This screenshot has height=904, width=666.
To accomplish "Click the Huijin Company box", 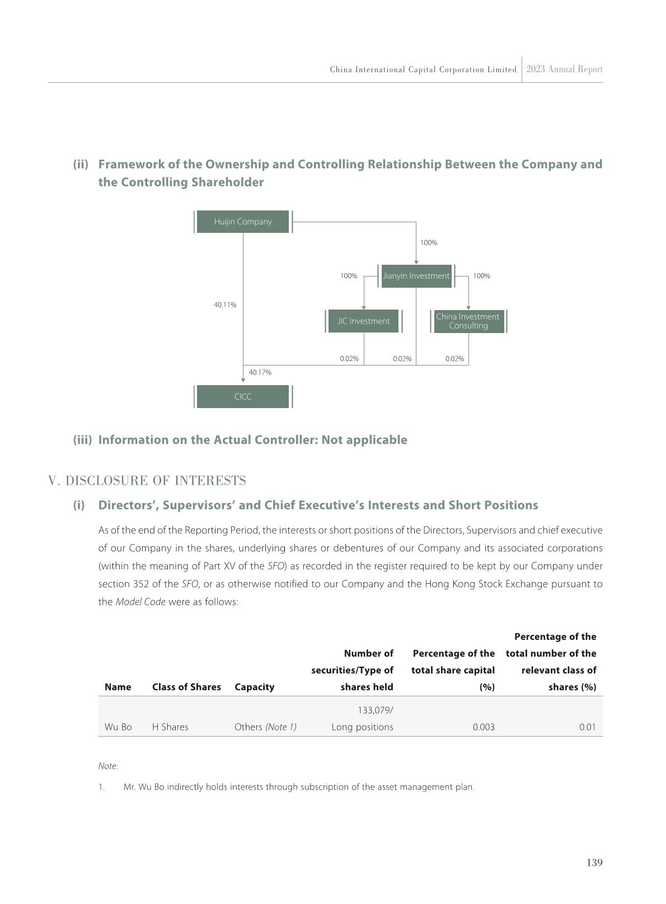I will (x=243, y=222).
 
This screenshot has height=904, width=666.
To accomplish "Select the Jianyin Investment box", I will (x=416, y=276).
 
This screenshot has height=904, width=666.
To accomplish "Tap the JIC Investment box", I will (x=363, y=321).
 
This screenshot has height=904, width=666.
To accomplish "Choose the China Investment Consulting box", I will (x=468, y=321).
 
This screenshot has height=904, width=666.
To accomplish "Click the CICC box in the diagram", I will (x=243, y=396).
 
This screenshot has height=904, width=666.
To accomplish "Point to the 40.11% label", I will (x=225, y=305).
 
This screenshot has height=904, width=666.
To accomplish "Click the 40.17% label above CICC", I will (x=260, y=372).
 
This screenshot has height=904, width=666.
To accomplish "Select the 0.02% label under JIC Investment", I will (x=349, y=359).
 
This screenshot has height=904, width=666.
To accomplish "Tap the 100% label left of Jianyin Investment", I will (x=349, y=276).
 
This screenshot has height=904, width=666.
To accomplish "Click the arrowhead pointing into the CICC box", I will (x=243, y=381).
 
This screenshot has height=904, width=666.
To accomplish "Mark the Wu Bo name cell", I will (x=118, y=727).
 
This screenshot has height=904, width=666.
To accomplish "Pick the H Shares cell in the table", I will (x=170, y=727).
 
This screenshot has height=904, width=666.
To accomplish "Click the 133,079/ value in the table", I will (x=376, y=710).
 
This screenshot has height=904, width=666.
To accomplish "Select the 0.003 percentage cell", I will (x=484, y=727).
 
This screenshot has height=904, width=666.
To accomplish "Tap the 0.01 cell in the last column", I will (x=587, y=727).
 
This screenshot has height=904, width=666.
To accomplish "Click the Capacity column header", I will (x=255, y=687).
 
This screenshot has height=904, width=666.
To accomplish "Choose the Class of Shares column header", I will (x=186, y=687).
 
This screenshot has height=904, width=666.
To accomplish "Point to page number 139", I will (x=594, y=863).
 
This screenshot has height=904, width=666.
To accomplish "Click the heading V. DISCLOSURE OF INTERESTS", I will (x=147, y=481).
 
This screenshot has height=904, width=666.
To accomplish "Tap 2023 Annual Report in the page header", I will (x=564, y=69).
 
